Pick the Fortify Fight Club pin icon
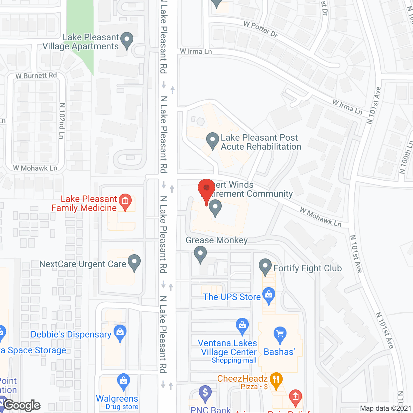[x=265, y=266]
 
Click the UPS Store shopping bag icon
[x=269, y=295]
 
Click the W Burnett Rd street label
[x=36, y=76]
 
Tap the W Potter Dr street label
[x=261, y=29]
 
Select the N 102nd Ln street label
[x=62, y=121]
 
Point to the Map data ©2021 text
[x=386, y=408]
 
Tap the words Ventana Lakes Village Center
[x=228, y=348]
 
